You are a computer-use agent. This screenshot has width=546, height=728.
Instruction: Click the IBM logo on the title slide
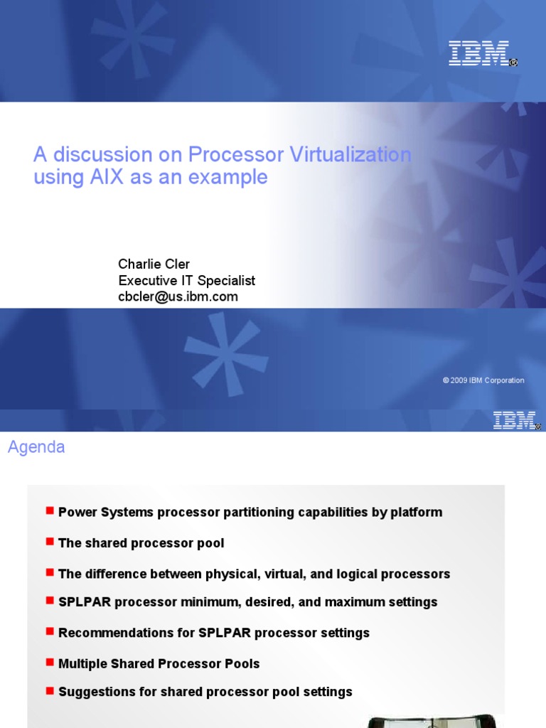[478, 53]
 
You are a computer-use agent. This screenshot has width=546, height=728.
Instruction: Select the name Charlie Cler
[154, 264]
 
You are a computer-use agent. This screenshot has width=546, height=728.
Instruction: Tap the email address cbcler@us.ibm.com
[178, 296]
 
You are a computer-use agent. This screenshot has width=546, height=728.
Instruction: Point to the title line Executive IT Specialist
[186, 281]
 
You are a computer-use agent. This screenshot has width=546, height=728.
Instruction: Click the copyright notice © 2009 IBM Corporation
[483, 380]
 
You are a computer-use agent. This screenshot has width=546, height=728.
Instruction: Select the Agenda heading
[36, 447]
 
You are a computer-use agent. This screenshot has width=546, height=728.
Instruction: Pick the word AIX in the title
[107, 177]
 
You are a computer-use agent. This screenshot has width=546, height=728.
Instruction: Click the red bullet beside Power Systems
[50, 510]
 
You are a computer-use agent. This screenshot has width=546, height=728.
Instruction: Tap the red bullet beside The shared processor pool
[50, 542]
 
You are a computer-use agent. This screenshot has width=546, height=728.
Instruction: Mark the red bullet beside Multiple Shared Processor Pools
[50, 662]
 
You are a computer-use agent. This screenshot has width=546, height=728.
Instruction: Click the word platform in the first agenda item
[416, 513]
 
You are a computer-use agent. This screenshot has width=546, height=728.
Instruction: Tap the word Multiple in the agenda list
[82, 663]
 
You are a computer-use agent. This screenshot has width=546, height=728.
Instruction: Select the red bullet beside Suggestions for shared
[50, 690]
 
